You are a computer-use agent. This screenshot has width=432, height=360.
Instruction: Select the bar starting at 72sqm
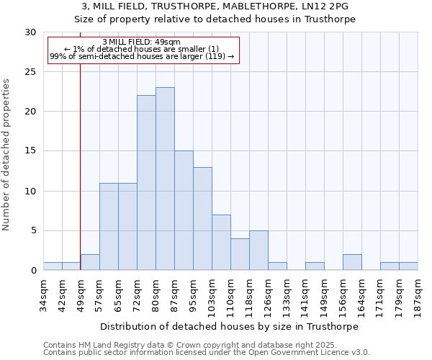146,183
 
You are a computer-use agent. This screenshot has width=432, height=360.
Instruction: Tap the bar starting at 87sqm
184,210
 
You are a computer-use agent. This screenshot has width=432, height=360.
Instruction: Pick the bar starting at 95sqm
202,219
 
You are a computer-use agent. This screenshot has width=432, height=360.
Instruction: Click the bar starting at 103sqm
221,243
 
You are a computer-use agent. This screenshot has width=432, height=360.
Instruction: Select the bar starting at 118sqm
258,251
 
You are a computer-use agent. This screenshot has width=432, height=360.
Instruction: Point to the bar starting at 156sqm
352,263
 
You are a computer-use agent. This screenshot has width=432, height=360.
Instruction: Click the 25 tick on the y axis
31,72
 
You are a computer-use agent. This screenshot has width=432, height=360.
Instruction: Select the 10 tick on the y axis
31,191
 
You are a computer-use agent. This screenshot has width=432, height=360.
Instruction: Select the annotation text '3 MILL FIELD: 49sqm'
142,42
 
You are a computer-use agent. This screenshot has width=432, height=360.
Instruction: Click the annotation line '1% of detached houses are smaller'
142,49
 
